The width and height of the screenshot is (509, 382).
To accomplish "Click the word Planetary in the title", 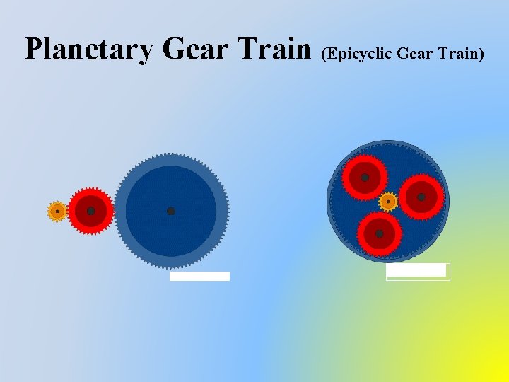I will (x=88, y=50).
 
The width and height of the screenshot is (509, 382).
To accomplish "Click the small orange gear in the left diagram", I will (x=57, y=211).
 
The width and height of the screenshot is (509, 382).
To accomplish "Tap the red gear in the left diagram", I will (x=90, y=211).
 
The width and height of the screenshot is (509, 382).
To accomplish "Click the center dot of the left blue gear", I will (x=170, y=211).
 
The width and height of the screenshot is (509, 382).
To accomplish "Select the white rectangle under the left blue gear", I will (x=199, y=276).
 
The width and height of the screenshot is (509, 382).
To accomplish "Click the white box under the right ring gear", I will (x=417, y=271).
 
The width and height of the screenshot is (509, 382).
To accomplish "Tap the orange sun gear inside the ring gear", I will (x=388, y=202).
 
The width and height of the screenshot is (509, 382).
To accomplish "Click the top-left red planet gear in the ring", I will (x=365, y=177).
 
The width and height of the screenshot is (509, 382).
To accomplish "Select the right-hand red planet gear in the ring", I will (x=421, y=197).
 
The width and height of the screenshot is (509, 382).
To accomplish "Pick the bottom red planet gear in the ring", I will (x=380, y=233).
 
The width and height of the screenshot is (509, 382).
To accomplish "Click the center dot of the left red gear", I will (x=90, y=211).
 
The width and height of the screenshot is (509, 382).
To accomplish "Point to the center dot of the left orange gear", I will (x=57, y=211).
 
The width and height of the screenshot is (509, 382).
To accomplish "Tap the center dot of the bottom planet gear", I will (x=380, y=233).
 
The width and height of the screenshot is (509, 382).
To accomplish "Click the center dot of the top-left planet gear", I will (x=365, y=177).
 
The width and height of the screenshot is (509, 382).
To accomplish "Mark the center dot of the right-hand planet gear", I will (x=421, y=197).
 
